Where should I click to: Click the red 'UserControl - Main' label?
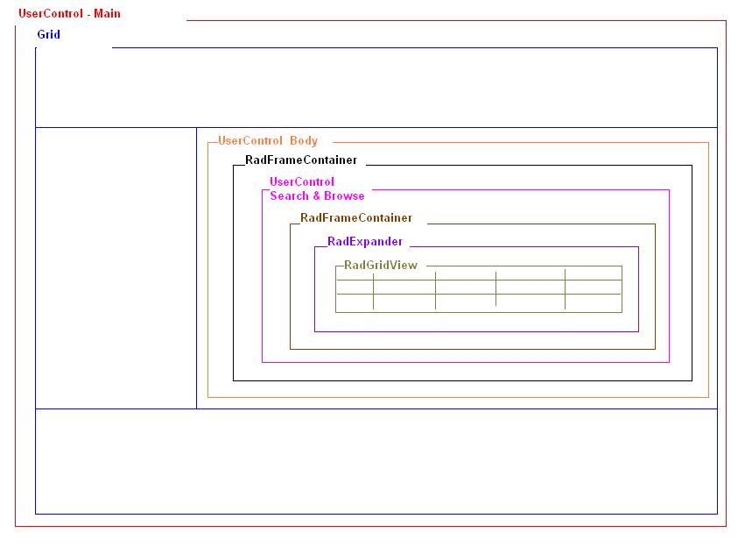[69, 14]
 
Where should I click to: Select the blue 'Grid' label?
[48, 34]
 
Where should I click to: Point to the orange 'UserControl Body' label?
[268, 140]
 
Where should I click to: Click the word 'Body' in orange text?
[304, 140]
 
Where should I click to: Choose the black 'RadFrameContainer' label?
[301, 160]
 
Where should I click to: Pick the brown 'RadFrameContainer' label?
[355, 218]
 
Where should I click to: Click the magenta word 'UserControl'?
[302, 182]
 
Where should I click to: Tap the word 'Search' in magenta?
[290, 195]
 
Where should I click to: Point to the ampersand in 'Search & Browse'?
[317, 195]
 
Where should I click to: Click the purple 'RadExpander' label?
[365, 242]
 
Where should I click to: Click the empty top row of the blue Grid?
[376, 88]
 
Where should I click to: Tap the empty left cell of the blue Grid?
[116, 267]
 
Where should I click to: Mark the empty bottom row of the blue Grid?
[376, 461]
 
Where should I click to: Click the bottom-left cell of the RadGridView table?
[355, 303]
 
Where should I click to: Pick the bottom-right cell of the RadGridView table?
[593, 303]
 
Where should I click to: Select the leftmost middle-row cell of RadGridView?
[355, 288]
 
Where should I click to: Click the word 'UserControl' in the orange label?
[250, 140]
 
